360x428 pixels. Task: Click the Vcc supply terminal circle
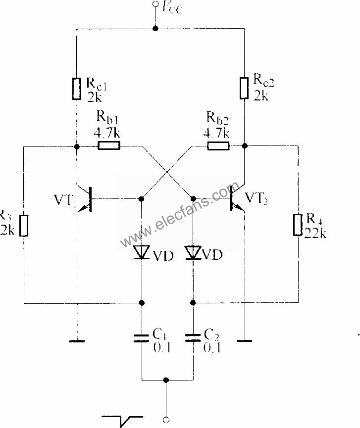tap(156, 5)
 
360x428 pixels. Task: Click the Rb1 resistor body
tap(109, 146)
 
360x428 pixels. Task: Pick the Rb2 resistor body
tap(218, 146)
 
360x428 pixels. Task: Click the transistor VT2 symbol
tap(236, 199)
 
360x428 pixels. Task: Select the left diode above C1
tap(142, 253)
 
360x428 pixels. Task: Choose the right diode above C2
tap(194, 253)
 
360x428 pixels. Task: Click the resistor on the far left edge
tap(24, 225)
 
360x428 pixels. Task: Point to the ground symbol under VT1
tap(77, 340)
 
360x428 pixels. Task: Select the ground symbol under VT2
tap(244, 340)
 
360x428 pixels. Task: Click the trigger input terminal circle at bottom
tap(167, 420)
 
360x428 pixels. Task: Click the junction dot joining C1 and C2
tap(167, 380)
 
